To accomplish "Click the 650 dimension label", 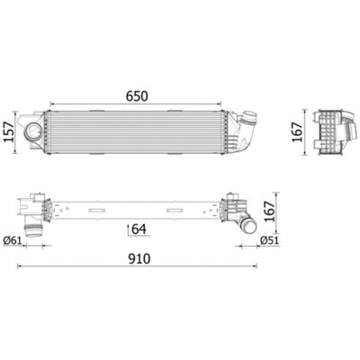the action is click(x=137, y=96).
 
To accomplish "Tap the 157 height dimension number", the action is click(x=10, y=132).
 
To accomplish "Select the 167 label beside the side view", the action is click(x=297, y=132).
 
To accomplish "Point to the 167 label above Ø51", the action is click(x=269, y=211).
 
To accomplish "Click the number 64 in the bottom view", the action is click(x=139, y=229).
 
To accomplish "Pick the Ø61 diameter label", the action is click(x=13, y=240).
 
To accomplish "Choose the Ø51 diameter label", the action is click(x=270, y=240).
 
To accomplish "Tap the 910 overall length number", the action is click(x=139, y=259).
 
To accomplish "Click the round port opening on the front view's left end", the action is click(x=31, y=131).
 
